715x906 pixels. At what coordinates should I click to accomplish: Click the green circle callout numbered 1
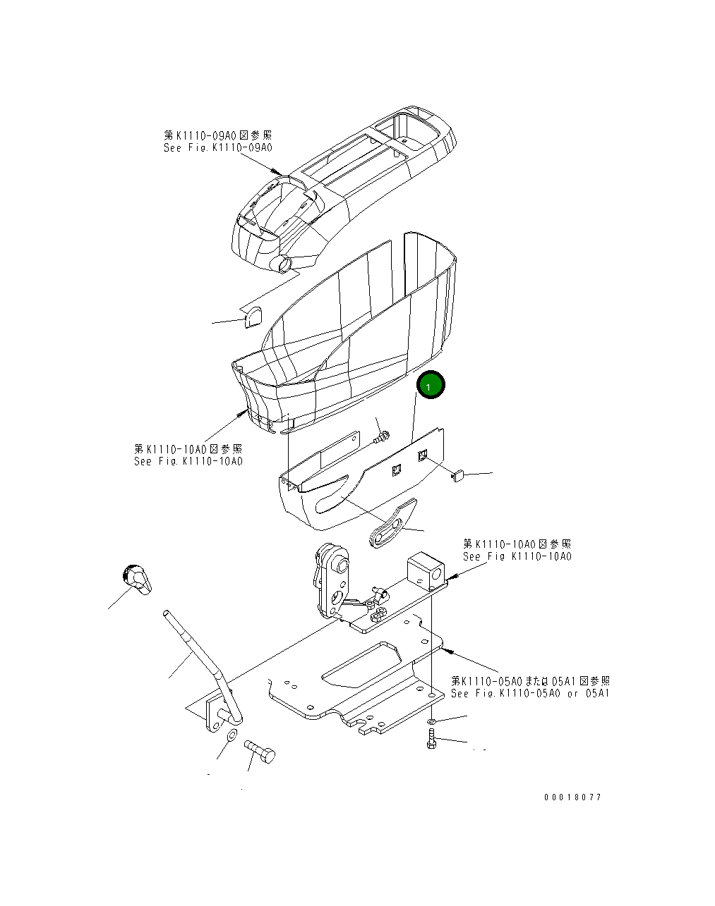click(430, 386)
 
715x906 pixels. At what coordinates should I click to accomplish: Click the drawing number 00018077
click(572, 797)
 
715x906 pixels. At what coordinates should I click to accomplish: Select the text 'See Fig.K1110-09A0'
click(217, 148)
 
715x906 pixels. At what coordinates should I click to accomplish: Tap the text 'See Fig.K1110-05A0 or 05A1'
click(530, 694)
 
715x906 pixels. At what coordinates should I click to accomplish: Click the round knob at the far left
click(136, 578)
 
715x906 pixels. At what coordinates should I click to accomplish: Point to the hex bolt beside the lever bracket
click(260, 753)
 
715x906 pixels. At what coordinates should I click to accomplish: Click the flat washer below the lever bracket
click(230, 738)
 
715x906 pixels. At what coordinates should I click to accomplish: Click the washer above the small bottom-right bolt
click(432, 721)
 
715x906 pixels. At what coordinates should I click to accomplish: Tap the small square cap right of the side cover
click(457, 476)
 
